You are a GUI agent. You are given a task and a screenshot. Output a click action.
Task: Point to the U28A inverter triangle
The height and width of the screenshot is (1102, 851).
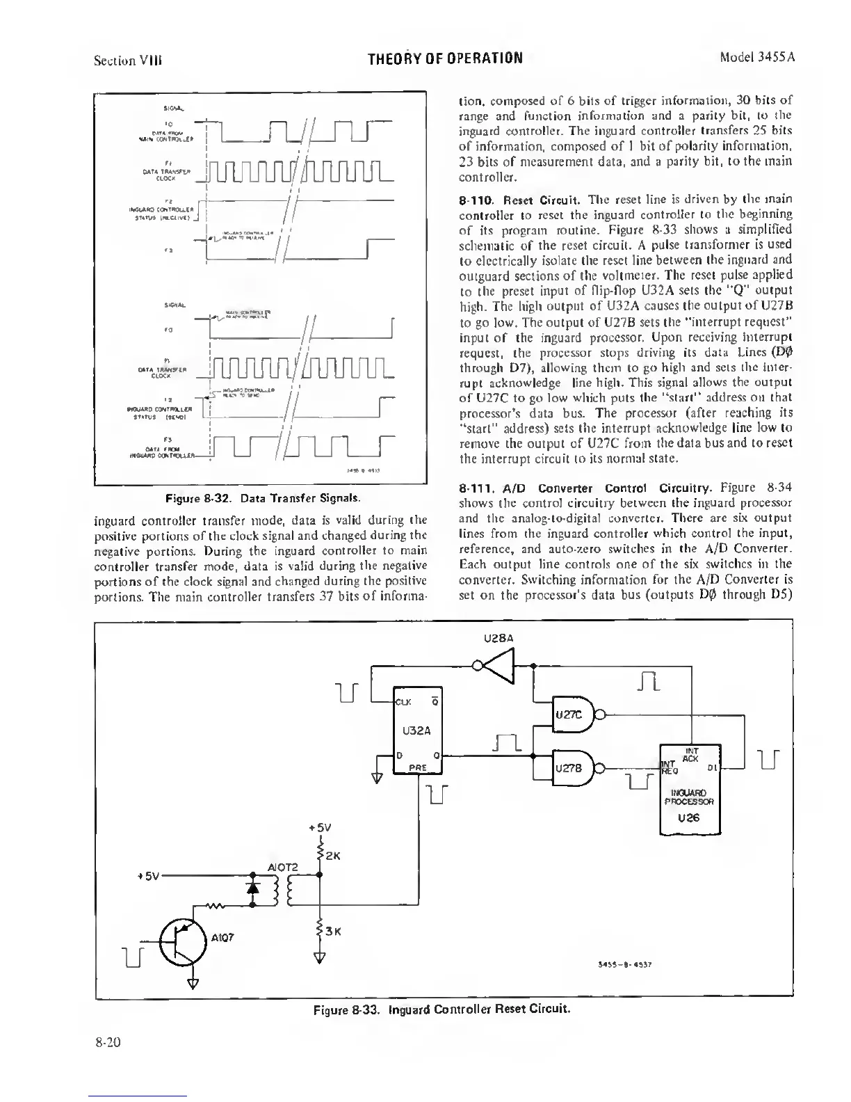[499, 665]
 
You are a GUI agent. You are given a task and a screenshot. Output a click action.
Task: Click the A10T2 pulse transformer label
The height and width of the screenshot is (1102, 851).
[283, 867]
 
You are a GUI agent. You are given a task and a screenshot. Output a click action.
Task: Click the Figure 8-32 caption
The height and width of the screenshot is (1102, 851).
[261, 497]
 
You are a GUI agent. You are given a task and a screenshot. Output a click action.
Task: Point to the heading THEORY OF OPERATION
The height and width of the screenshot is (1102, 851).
[446, 57]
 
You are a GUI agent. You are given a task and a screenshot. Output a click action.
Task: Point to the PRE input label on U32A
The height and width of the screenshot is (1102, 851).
[417, 767]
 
